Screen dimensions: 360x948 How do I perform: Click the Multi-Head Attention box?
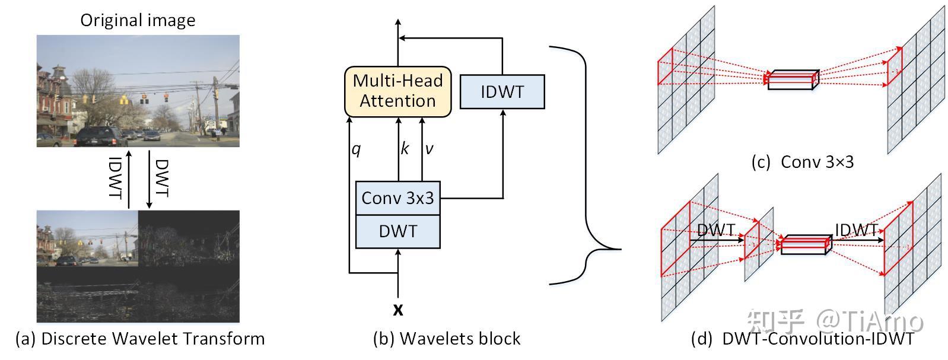397,91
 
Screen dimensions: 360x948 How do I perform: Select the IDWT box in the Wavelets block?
502,92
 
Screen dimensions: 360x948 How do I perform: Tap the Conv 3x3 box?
397,198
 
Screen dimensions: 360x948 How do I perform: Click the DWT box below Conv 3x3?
397,231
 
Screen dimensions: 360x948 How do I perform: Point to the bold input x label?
398,310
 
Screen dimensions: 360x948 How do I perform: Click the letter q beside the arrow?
356,149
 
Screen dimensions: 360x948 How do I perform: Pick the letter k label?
405,148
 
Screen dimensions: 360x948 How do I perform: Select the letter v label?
429,149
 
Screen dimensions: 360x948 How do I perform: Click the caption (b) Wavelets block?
446,339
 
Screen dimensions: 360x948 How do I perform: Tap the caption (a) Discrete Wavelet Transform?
140,339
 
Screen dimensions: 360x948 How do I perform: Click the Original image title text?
138,21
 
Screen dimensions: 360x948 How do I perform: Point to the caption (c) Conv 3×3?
802,162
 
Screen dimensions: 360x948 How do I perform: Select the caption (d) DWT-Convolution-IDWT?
802,339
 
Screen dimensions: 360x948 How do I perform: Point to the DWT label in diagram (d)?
715,230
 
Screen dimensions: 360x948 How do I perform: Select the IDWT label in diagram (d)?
856,230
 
